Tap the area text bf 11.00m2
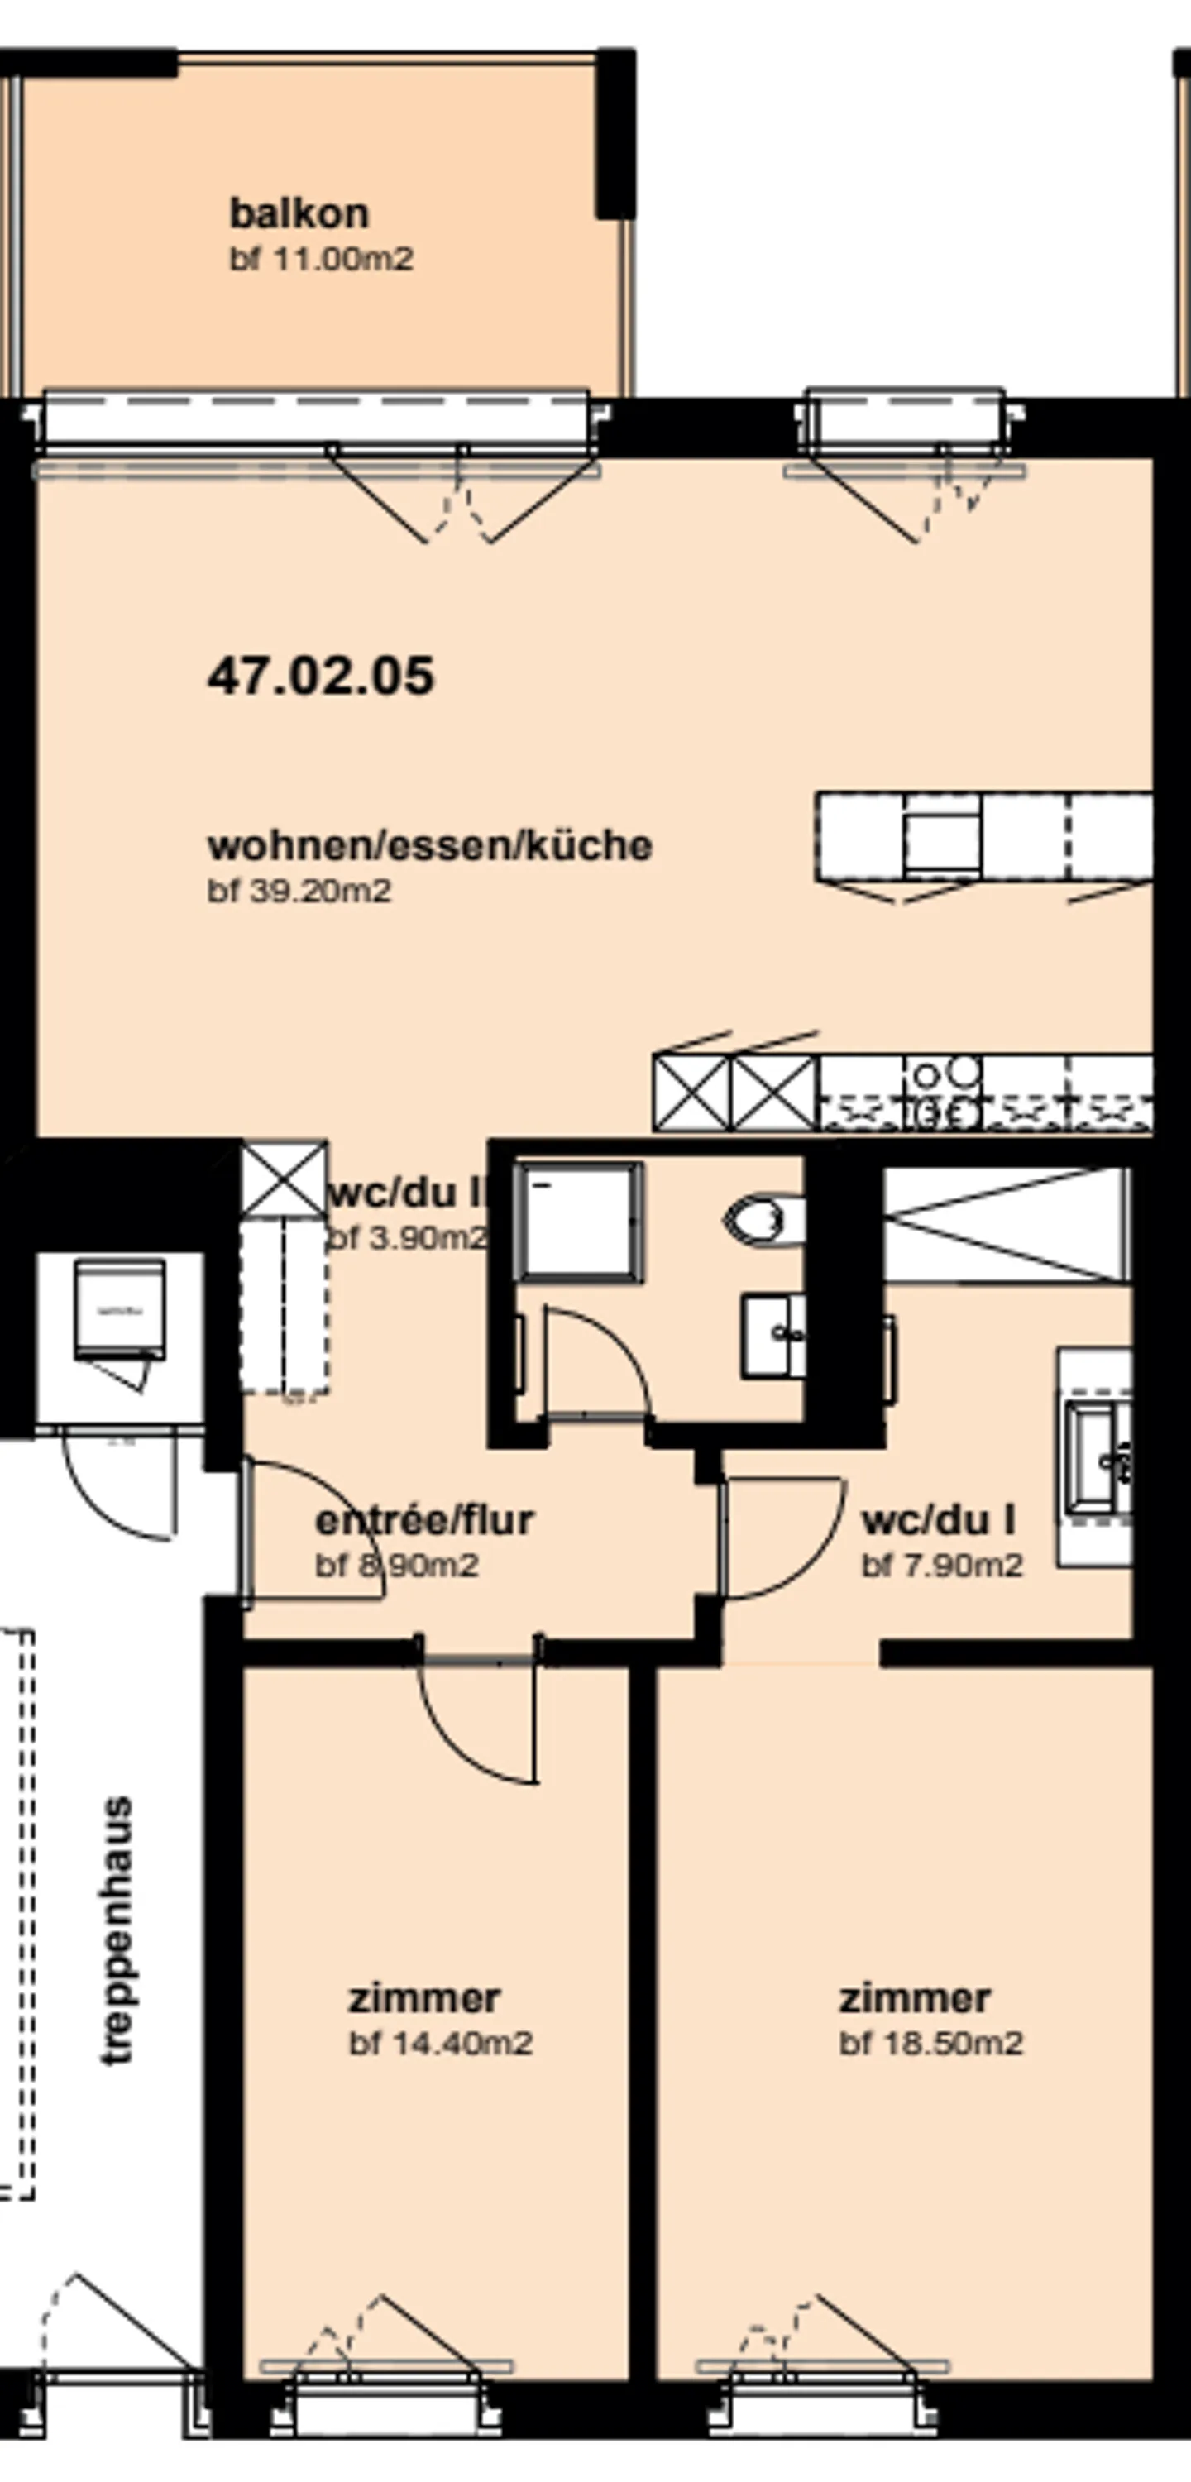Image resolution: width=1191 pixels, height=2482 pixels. tap(321, 259)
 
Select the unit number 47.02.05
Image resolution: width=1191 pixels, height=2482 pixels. tap(321, 676)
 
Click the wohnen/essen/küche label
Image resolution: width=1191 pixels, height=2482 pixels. tap(430, 845)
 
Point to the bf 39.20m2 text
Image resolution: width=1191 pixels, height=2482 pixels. tap(299, 892)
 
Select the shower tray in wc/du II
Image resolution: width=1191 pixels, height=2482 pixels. tap(578, 1221)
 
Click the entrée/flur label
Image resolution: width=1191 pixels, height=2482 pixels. tap(424, 1520)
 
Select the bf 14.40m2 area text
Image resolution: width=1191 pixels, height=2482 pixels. tap(440, 2044)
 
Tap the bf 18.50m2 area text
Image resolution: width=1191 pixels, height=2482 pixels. tap(930, 2044)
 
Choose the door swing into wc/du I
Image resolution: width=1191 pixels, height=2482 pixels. tap(781, 1537)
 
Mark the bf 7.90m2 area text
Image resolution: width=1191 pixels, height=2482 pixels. tap(941, 1566)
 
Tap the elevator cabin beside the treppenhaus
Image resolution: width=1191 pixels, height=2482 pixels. tap(119, 1310)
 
